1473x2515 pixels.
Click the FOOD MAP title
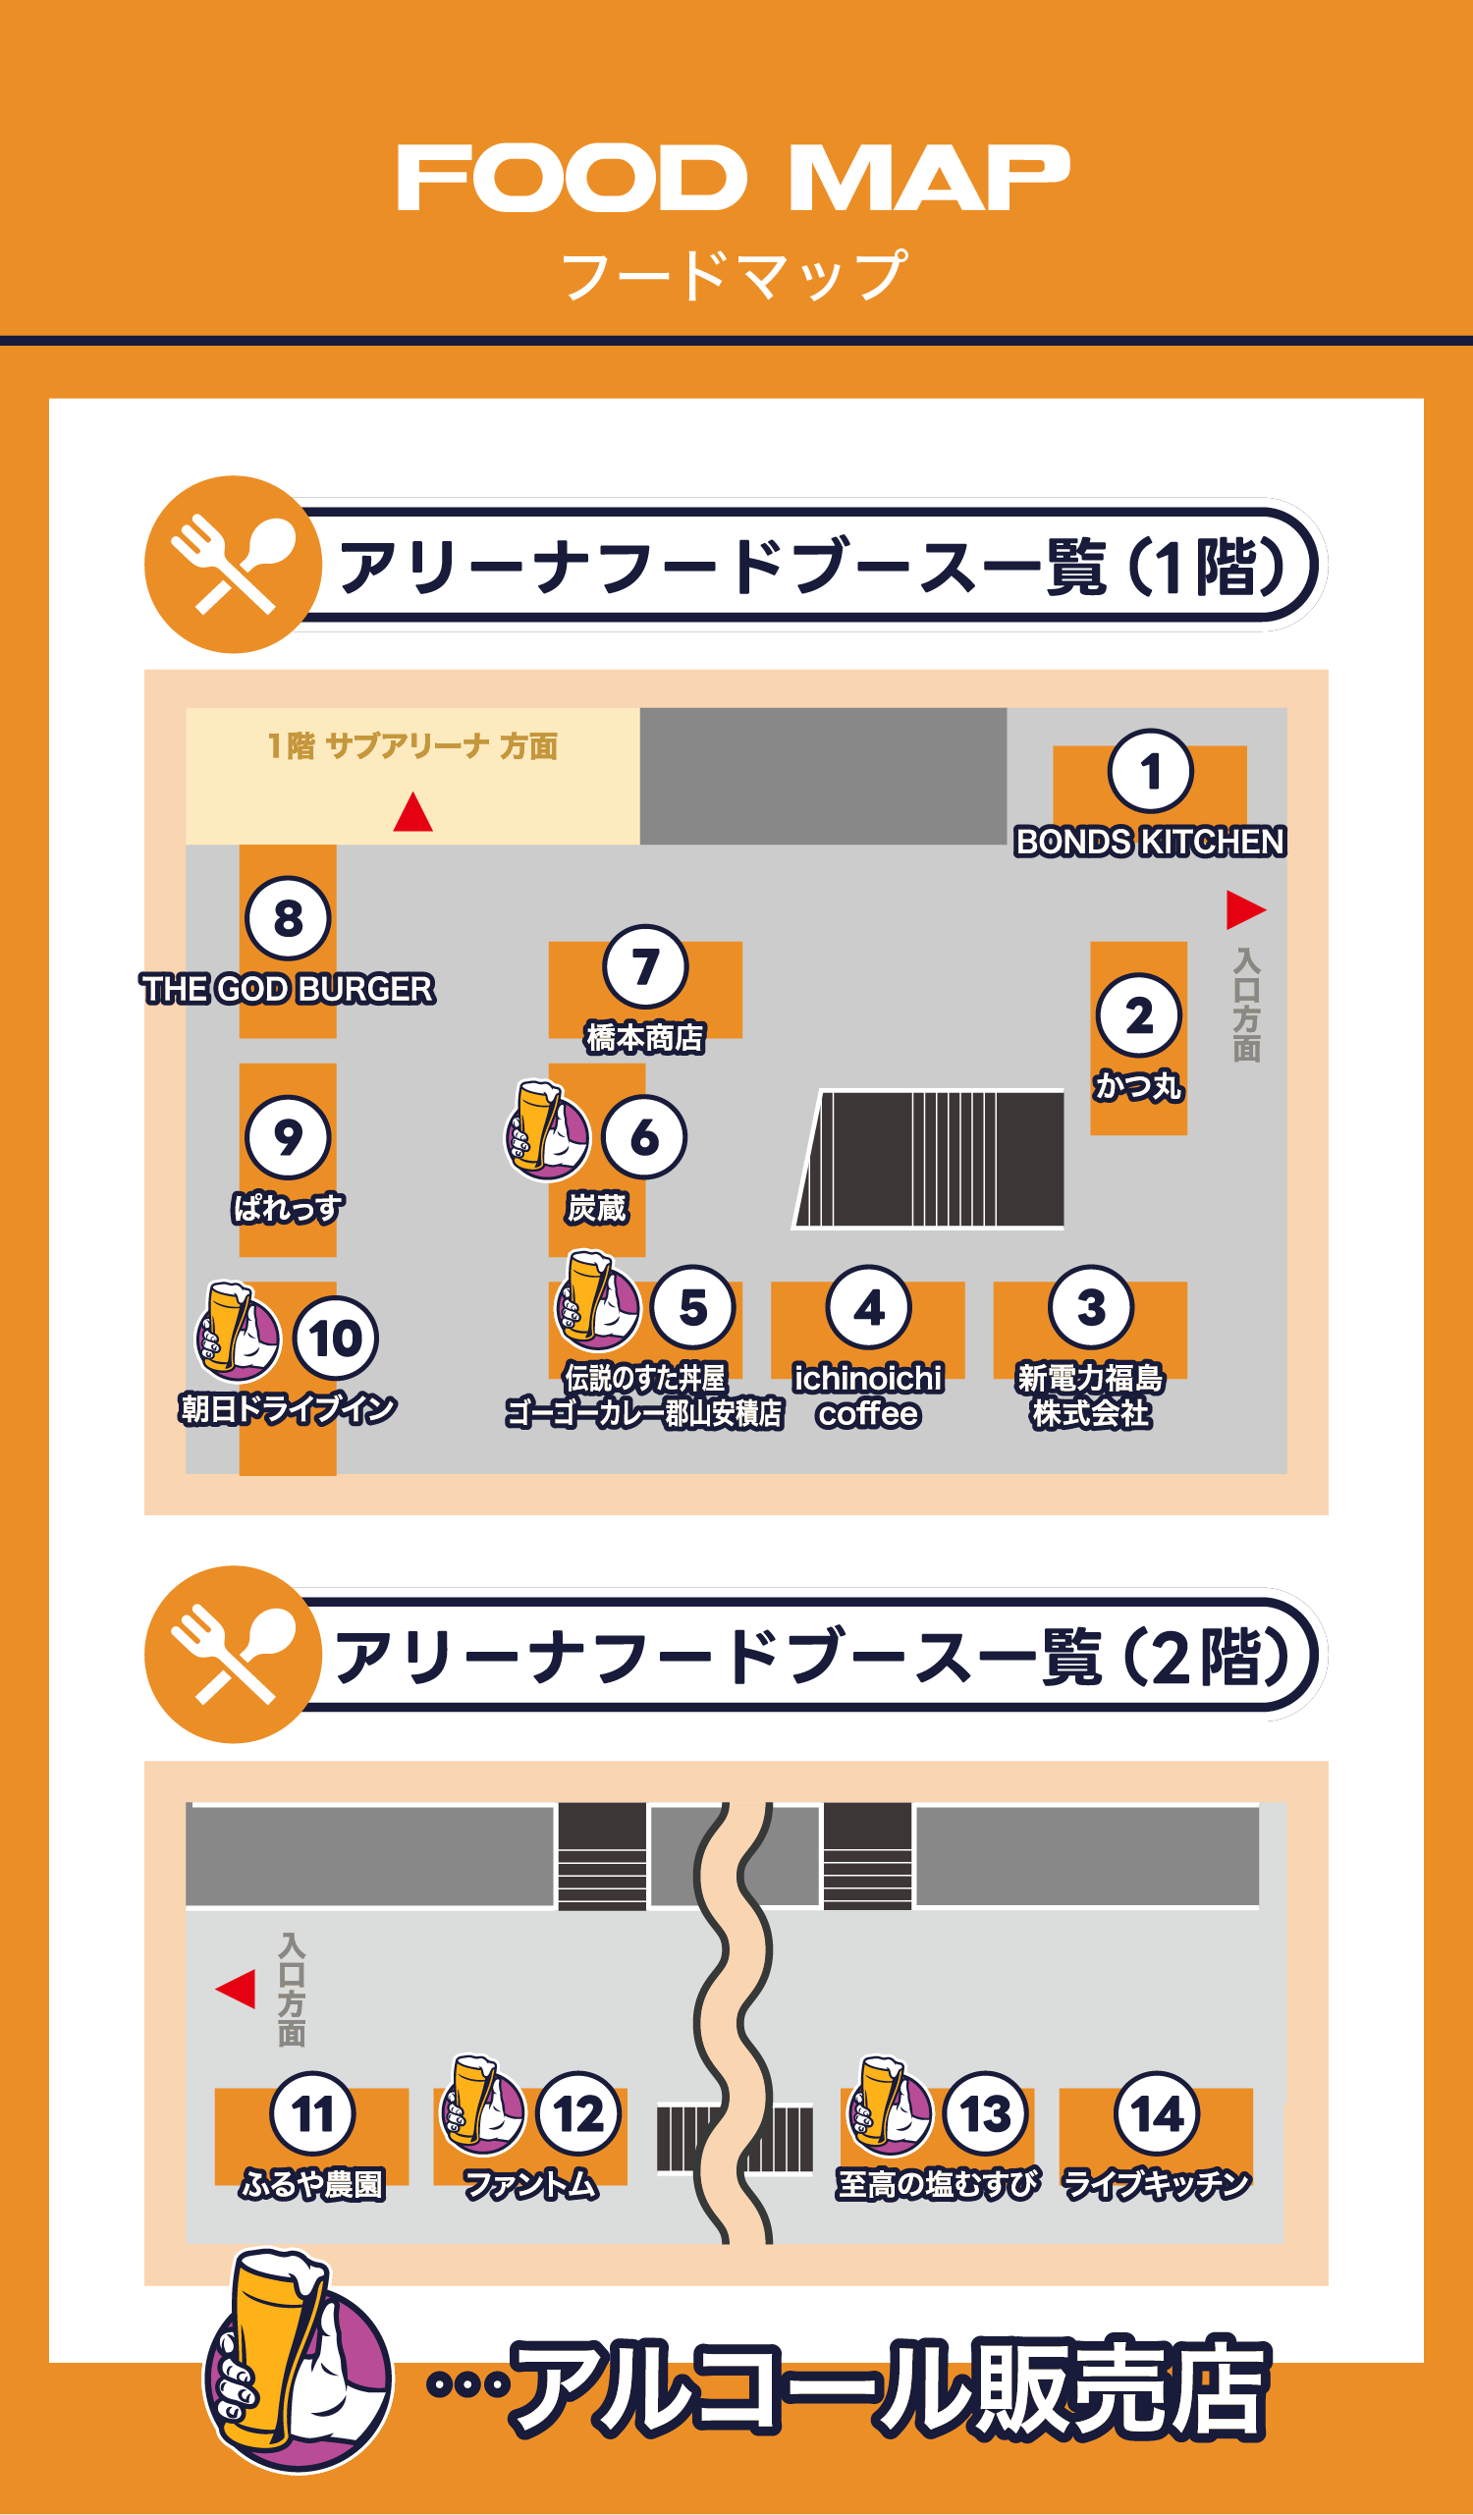(x=735, y=178)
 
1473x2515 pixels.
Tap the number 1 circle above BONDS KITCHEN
(x=1150, y=771)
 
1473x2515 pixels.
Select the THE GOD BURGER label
(x=288, y=989)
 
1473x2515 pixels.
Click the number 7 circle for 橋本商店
(x=645, y=966)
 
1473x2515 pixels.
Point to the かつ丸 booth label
(x=1138, y=1085)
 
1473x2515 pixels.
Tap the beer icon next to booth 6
(x=546, y=1130)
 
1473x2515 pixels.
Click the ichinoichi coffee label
(x=867, y=1395)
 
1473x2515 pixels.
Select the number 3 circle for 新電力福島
(x=1090, y=1306)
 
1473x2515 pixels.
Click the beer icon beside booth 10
(x=237, y=1332)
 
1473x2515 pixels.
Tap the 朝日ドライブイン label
(x=288, y=1408)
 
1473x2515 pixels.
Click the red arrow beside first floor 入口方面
(x=1244, y=909)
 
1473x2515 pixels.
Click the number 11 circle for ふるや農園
(x=311, y=2112)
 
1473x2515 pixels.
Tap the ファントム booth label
(x=530, y=2185)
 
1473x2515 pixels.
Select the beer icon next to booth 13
(x=888, y=2105)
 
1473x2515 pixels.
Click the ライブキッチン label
(x=1156, y=2185)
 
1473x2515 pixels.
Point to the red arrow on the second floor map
(x=237, y=1989)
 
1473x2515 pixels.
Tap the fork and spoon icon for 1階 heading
(x=233, y=564)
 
